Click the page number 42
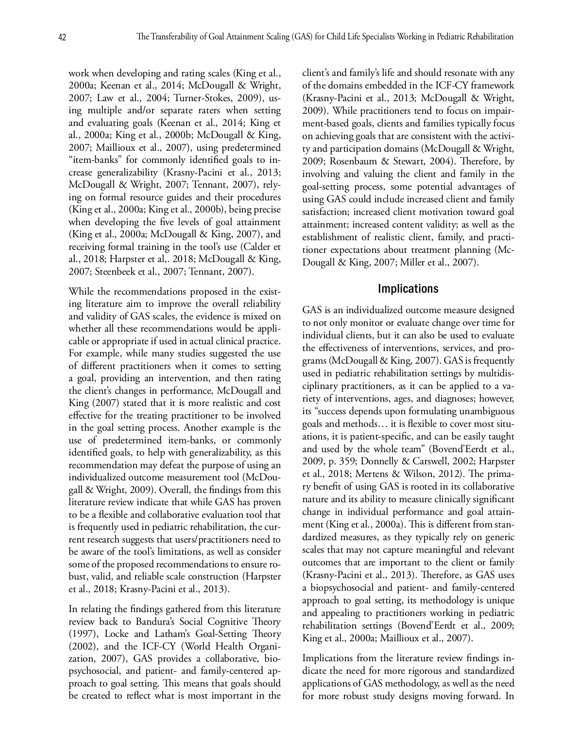click(62, 37)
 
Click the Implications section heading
click(408, 289)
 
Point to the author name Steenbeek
click(116, 272)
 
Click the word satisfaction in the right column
click(326, 212)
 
